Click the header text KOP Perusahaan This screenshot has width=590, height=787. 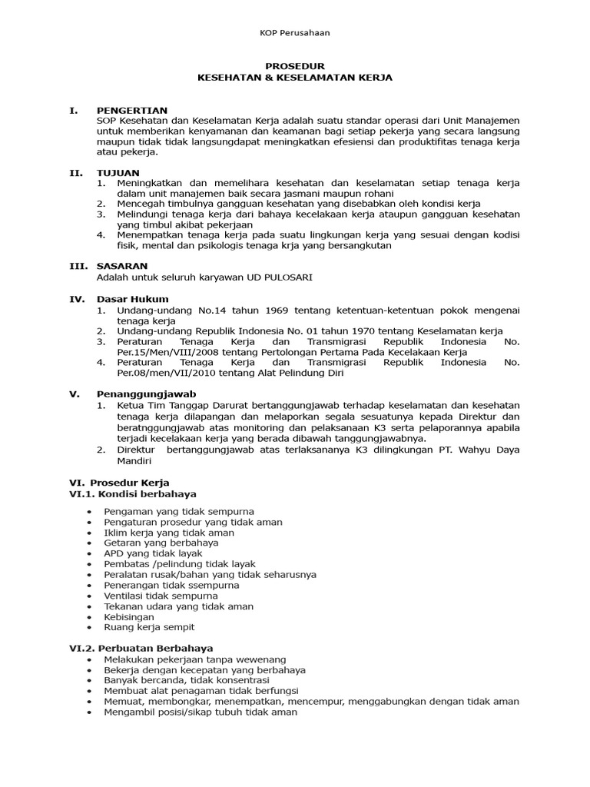pyautogui.click(x=294, y=32)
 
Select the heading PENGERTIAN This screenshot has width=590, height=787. pyautogui.click(x=132, y=111)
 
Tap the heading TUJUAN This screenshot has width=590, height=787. pyautogui.click(x=118, y=173)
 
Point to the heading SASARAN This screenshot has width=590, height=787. pyautogui.click(x=121, y=266)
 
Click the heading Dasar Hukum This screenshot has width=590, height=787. pyautogui.click(x=132, y=299)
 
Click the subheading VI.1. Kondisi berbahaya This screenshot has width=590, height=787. pyautogui.click(x=133, y=493)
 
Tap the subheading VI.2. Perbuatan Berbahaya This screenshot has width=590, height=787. pyautogui.click(x=141, y=649)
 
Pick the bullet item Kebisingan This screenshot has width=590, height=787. pyautogui.click(x=129, y=617)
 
